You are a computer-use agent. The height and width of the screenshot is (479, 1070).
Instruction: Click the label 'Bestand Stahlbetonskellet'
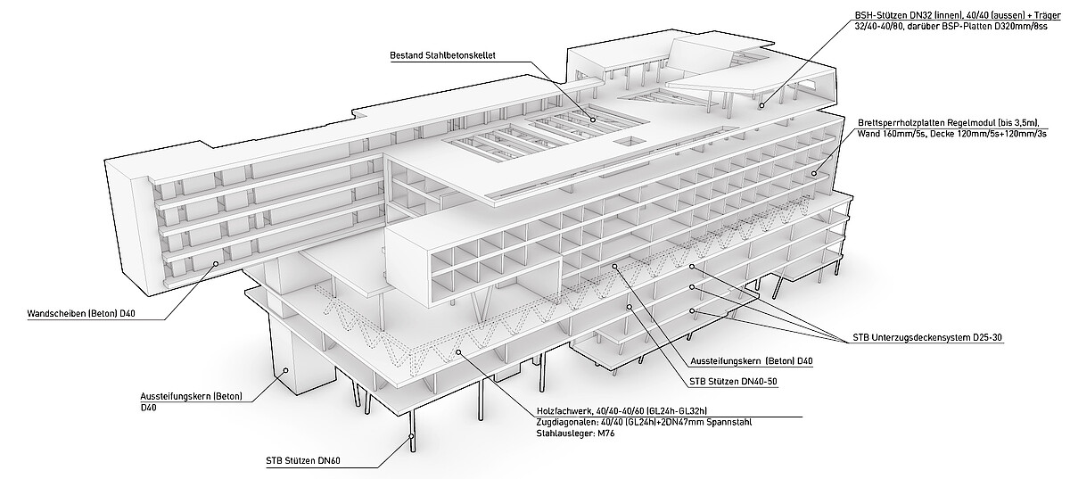(442, 55)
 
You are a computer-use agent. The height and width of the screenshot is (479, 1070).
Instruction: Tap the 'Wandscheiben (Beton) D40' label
(81, 314)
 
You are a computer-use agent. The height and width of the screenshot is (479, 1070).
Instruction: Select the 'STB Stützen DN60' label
(303, 461)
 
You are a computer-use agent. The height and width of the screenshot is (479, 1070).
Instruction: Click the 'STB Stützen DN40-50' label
(733, 382)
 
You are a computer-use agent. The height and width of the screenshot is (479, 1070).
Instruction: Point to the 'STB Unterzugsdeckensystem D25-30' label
(927, 337)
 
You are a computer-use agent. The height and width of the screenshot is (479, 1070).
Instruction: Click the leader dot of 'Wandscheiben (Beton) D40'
(216, 263)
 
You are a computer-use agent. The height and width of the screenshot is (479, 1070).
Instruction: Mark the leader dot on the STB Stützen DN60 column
(411, 436)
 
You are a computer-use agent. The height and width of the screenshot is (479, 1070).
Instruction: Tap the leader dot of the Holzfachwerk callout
(458, 352)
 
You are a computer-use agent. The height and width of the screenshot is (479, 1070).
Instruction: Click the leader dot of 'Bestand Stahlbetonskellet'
(593, 120)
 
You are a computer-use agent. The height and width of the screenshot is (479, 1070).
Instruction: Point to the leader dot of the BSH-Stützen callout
(761, 105)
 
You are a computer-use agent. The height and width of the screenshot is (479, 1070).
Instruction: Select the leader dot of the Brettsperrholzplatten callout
(814, 173)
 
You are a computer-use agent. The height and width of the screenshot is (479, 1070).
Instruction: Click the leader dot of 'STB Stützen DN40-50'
(630, 307)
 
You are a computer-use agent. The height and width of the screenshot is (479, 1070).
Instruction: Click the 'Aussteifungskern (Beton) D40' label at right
(752, 361)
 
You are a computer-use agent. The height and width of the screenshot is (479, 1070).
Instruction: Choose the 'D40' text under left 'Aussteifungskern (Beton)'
(148, 408)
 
